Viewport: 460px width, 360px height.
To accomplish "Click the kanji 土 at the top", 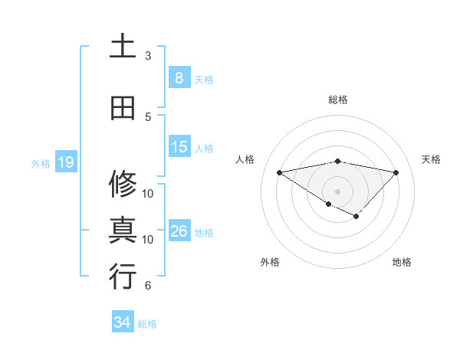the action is click(123, 46).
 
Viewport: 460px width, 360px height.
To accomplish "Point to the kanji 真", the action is click(123, 231).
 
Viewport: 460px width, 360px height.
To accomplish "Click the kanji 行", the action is click(123, 277).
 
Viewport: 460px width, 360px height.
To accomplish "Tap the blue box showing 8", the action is click(179, 77).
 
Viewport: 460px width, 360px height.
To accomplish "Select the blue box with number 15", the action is click(179, 147).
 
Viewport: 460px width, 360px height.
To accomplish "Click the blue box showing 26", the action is click(179, 231).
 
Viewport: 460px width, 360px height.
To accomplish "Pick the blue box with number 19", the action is click(65, 162).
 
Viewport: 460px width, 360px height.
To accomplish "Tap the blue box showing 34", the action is click(122, 322).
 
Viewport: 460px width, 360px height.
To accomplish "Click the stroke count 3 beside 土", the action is click(148, 56).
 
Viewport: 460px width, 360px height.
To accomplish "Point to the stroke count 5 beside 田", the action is click(148, 117).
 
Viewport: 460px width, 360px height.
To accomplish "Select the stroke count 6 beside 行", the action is click(148, 286).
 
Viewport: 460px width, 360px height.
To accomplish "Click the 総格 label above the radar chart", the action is click(337, 100).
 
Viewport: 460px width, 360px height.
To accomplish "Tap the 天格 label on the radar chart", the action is click(432, 159).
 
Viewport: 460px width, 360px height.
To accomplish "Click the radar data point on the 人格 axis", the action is click(279, 172).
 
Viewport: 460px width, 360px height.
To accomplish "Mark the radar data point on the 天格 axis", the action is click(396, 172).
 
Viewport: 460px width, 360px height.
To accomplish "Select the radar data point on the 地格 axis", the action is click(356, 217).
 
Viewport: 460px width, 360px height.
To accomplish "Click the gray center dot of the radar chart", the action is click(337, 191).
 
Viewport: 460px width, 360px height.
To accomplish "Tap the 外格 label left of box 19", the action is click(40, 163).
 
